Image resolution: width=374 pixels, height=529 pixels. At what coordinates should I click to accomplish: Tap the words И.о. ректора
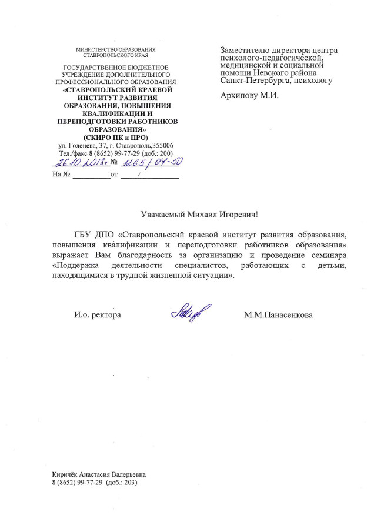(x=97, y=316)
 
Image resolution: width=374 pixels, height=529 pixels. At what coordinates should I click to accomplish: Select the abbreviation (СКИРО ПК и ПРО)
(x=115, y=137)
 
